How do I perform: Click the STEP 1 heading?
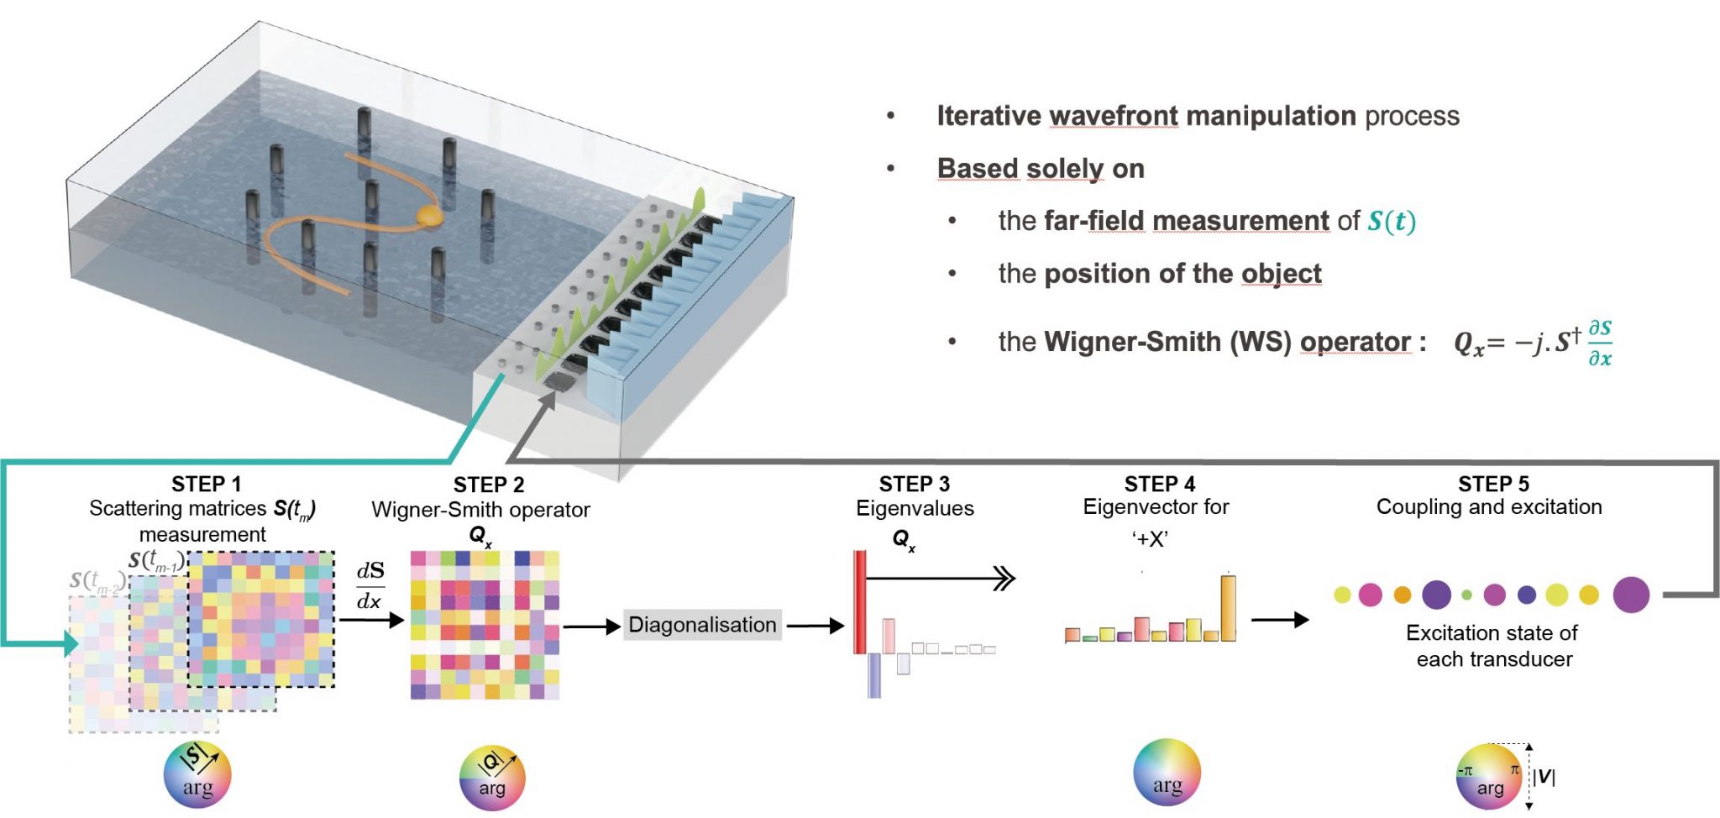206,485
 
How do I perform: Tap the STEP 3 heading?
914,485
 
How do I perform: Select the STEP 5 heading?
1493,485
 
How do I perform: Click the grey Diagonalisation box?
702,625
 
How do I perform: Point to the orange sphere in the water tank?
428,216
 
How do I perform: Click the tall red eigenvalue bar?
860,601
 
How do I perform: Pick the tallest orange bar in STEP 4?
1228,608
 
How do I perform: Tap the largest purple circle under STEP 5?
1631,595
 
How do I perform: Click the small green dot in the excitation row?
1466,595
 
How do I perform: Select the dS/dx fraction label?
370,586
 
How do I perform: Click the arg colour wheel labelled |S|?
197,774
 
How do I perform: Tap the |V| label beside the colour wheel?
1544,777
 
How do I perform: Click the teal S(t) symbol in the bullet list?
1391,222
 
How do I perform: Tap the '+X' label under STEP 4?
1150,539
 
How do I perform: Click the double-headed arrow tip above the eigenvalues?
1005,579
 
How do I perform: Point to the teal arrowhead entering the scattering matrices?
71,644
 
